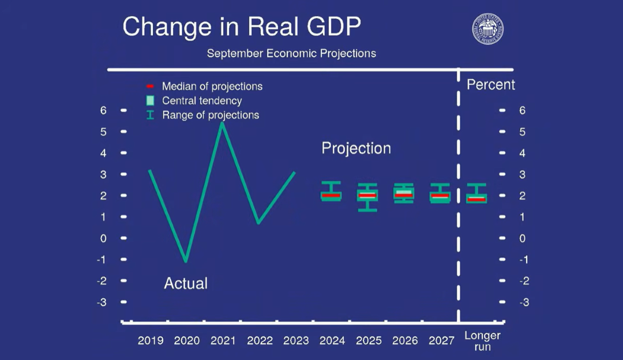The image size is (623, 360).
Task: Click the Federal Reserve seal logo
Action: (488, 28)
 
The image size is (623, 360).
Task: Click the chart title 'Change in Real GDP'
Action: (242, 27)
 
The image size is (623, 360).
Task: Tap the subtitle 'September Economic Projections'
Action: (291, 54)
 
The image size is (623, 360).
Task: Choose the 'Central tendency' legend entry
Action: (201, 101)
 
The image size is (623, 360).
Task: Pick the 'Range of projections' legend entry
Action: (210, 115)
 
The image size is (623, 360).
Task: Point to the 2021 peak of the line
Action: (222, 123)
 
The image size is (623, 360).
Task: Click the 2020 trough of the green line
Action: (186, 260)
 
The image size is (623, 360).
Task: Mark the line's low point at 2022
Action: (258, 222)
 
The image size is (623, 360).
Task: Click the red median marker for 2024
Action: (331, 196)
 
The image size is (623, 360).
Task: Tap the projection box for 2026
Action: (404, 194)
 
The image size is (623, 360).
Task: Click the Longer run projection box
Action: (476, 197)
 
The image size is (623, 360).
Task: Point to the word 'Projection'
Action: (356, 148)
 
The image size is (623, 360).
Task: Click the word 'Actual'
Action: (186, 283)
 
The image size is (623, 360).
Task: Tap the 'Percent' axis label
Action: (490, 85)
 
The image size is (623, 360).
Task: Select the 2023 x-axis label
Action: (296, 340)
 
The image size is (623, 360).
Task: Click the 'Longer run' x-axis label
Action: (482, 340)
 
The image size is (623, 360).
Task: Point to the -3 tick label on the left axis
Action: (103, 302)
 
